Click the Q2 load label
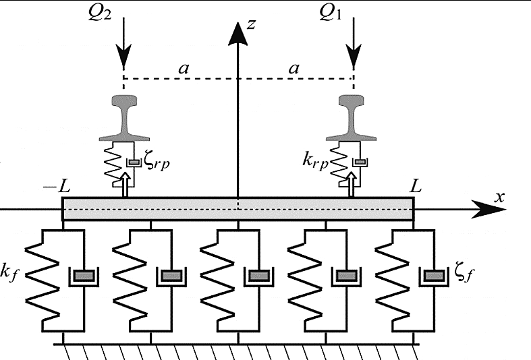(x=124, y=13)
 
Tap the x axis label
(x=500, y=197)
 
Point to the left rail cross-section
(x=123, y=117)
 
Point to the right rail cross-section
(x=354, y=117)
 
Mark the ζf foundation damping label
(x=460, y=276)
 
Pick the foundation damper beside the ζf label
(x=434, y=276)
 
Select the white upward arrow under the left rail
(x=123, y=185)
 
